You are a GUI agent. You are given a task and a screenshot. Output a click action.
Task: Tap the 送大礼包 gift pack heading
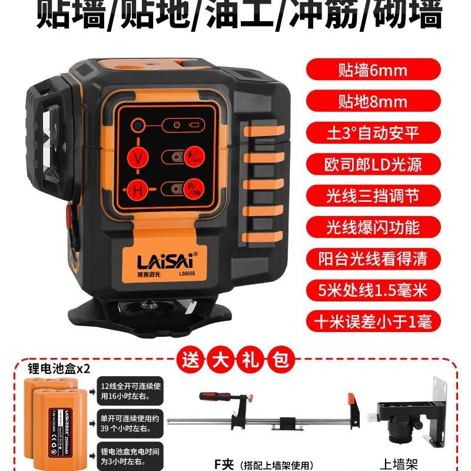[235, 357]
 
